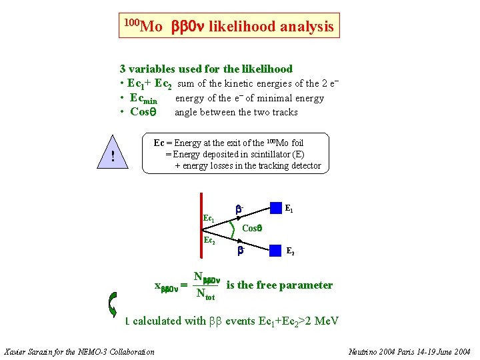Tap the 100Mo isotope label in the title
[x=143, y=26]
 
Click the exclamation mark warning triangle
[x=114, y=157]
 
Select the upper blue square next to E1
[x=275, y=209]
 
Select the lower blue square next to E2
[x=275, y=251]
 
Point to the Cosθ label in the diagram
[x=252, y=228]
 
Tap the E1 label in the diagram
[x=289, y=209]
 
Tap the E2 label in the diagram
[x=291, y=251]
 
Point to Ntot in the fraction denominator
[x=204, y=293]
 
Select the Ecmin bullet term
[x=143, y=99]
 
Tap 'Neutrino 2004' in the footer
[x=374, y=351]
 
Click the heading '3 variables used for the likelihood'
[x=206, y=69]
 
